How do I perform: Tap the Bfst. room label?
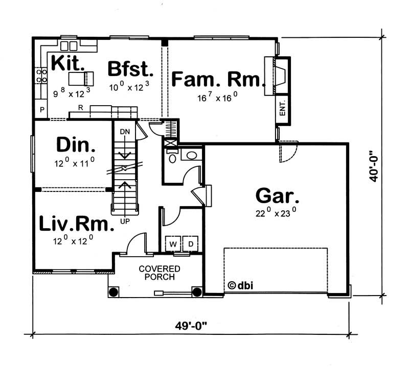130,68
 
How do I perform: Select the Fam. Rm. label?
218,80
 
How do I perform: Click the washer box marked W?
173,244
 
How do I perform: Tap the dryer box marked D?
191,244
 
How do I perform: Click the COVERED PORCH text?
160,273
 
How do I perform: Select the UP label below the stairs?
124,222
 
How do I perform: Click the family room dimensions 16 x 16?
218,97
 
